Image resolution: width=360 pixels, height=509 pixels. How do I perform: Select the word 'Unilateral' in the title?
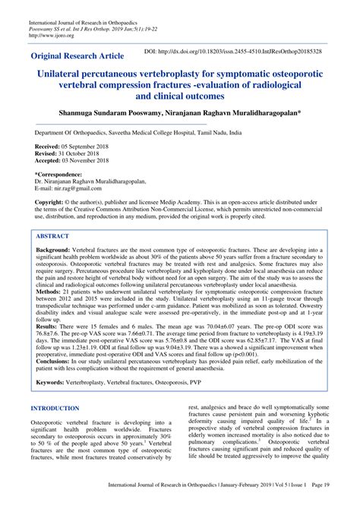coord(65,76)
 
